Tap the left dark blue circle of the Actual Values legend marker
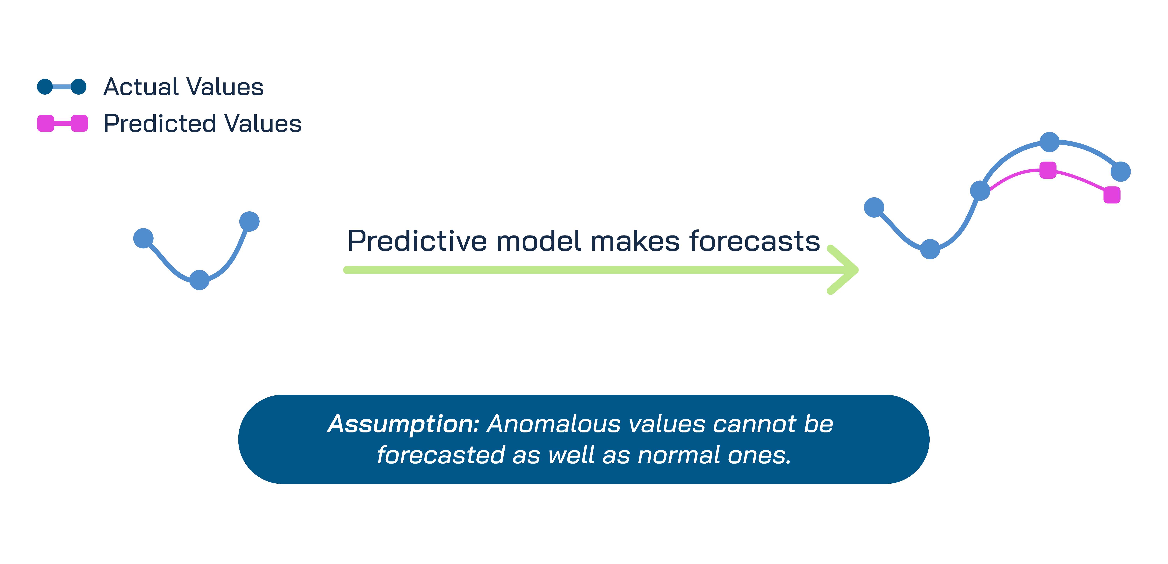[x=45, y=87]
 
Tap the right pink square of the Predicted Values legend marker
[x=79, y=123]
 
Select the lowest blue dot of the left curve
[x=199, y=280]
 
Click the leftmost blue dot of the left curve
[x=143, y=238]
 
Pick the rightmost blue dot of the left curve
[x=249, y=221]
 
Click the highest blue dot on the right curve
[x=1049, y=142]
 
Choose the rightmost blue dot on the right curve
[x=1121, y=172]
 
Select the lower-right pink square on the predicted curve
[x=1112, y=195]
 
